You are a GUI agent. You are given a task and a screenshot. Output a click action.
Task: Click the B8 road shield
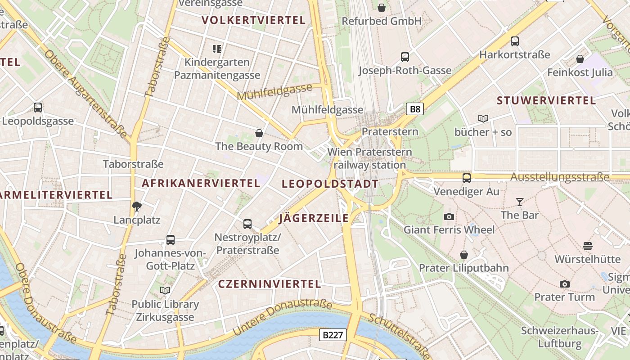click(x=415, y=109)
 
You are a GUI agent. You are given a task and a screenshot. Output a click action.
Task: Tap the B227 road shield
click(x=333, y=335)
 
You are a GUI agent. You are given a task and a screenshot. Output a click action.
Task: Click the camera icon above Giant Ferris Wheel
click(x=449, y=217)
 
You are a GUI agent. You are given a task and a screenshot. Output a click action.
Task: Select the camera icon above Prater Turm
click(x=564, y=284)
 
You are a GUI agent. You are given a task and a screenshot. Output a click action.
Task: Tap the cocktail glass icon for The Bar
click(x=520, y=202)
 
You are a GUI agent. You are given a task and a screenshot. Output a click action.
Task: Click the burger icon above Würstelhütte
click(x=587, y=246)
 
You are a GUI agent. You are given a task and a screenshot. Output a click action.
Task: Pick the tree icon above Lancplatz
click(x=137, y=207)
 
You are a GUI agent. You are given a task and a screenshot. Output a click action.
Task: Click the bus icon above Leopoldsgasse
click(x=38, y=108)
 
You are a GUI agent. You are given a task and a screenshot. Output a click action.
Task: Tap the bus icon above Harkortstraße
click(x=515, y=41)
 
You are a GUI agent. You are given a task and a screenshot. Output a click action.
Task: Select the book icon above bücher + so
click(x=483, y=119)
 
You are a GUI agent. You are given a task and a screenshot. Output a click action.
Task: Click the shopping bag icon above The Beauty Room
click(x=259, y=133)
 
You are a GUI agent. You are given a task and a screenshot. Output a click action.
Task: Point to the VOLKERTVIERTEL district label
click(x=254, y=20)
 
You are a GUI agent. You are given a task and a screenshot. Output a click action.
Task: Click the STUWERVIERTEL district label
click(x=546, y=101)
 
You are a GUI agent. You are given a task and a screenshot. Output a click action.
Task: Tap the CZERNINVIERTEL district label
click(x=270, y=284)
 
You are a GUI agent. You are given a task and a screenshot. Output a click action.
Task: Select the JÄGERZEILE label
click(x=314, y=219)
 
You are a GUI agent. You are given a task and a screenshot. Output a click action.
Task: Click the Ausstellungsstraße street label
click(x=560, y=177)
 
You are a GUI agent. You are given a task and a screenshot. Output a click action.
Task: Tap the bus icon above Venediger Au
click(x=467, y=178)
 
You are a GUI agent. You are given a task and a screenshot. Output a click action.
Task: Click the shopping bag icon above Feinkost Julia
click(x=580, y=59)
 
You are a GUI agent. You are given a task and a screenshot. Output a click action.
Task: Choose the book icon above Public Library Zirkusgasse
click(x=165, y=291)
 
